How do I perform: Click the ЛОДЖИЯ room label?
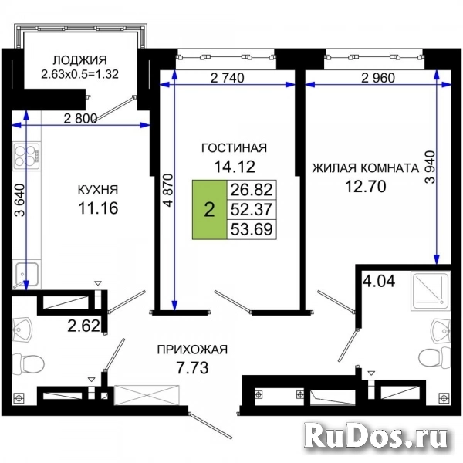coord(79,60)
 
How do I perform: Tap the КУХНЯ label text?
coord(98,190)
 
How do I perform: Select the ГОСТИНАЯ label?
coord(234,147)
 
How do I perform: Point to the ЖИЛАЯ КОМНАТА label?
coord(366,168)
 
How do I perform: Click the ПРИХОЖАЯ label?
coord(192,350)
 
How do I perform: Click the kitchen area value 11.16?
coord(98,208)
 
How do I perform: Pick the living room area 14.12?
coord(235,167)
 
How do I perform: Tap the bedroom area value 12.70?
coord(366,186)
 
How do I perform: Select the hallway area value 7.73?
coord(192,368)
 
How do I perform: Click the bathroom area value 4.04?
coord(379,281)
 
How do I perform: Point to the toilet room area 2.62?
coord(84,326)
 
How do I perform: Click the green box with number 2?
coord(209,209)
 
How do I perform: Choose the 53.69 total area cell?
coord(252,229)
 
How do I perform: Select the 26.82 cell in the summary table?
coord(252,190)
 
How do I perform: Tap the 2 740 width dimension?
coord(228,78)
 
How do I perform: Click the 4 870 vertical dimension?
coord(168,190)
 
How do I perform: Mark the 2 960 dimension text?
coord(378,78)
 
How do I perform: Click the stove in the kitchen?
coord(26,156)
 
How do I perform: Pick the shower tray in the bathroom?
coord(431,291)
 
